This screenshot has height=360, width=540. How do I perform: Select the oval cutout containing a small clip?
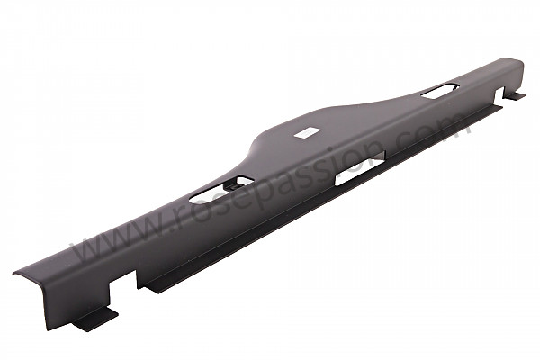pos(221,190)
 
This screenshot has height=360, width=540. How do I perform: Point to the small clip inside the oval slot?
pos(234,186)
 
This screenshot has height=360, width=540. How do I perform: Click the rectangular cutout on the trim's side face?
pos(360,168)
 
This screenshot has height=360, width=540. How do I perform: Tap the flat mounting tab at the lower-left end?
pos(96,319)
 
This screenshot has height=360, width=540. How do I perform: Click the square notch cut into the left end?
pos(123,288)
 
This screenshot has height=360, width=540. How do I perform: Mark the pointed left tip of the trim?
pos(13,274)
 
